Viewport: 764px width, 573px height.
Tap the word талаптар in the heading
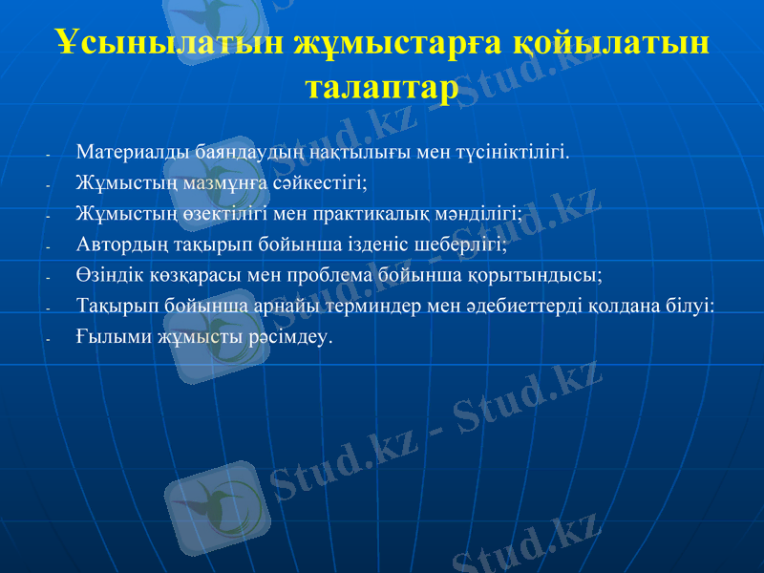click(381, 87)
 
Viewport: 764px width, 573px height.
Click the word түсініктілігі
click(515, 151)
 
